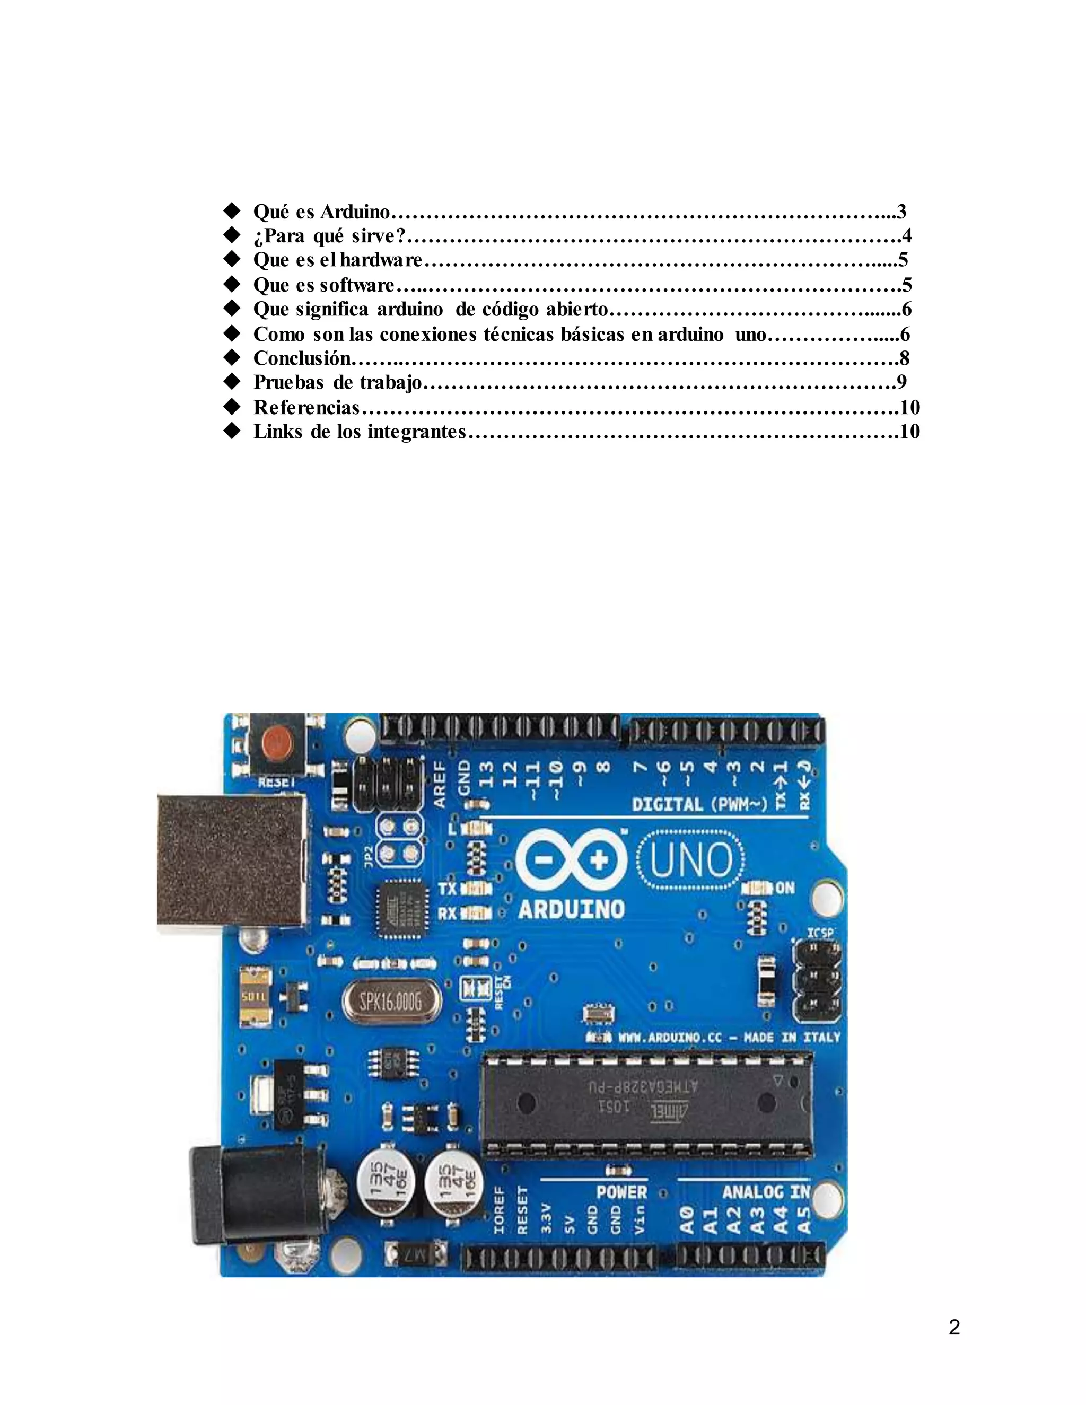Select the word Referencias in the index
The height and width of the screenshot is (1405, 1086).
pyautogui.click(x=306, y=407)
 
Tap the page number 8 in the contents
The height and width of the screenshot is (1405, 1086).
pyautogui.click(x=905, y=358)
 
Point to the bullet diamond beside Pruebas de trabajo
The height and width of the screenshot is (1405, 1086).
pyautogui.click(x=232, y=382)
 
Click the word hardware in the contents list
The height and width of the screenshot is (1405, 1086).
pyautogui.click(x=381, y=260)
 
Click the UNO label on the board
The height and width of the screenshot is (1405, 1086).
pyautogui.click(x=691, y=860)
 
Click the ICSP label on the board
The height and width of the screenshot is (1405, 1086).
pyautogui.click(x=820, y=933)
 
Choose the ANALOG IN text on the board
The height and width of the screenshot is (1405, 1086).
pyautogui.click(x=766, y=1192)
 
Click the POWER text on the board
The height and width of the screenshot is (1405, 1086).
pyautogui.click(x=621, y=1192)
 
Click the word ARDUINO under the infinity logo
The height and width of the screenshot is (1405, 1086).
pyautogui.click(x=571, y=909)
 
